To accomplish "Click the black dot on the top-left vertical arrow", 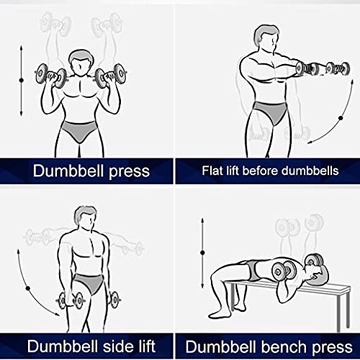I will pyautogui.click(x=22, y=78).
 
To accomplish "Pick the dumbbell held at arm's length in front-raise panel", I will pyautogui.click(x=322, y=69).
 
